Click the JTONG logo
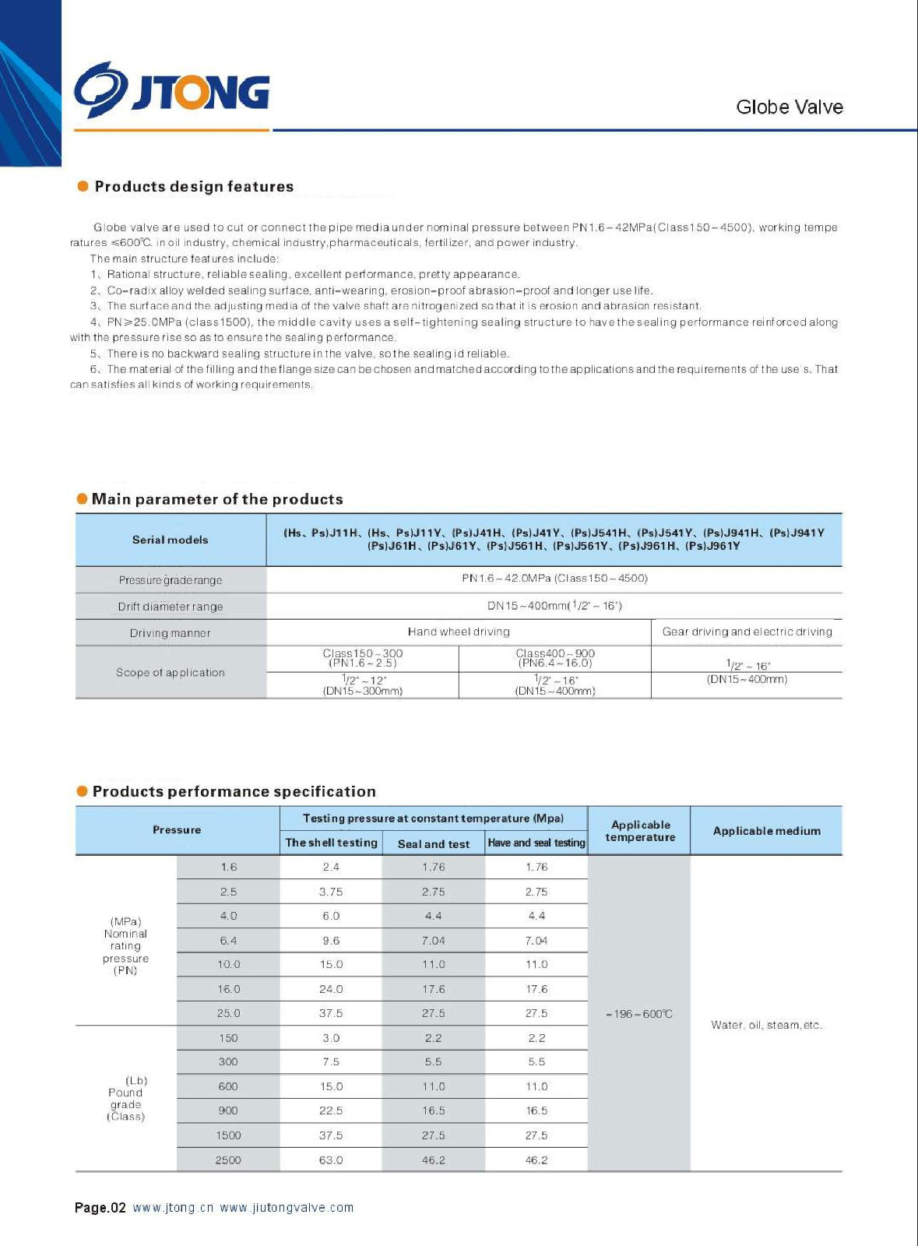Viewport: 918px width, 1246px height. (x=172, y=92)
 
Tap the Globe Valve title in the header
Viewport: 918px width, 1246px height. (x=789, y=107)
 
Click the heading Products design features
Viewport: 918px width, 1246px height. (x=194, y=187)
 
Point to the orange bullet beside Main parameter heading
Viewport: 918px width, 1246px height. (x=83, y=498)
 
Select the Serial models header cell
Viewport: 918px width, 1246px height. (x=171, y=540)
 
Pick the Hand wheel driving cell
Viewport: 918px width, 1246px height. (x=459, y=632)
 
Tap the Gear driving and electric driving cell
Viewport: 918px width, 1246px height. (x=747, y=632)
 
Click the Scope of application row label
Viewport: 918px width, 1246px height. (x=171, y=672)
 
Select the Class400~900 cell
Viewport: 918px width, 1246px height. (x=555, y=658)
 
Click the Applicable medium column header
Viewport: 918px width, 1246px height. (x=766, y=831)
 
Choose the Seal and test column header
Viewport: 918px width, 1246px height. (x=434, y=843)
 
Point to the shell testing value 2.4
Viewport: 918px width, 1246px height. (x=331, y=867)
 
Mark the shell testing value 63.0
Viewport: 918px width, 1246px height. (x=331, y=1160)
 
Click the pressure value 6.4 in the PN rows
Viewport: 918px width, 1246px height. (x=228, y=941)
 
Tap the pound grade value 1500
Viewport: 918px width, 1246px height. (x=228, y=1135)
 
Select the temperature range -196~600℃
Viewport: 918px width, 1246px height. (x=638, y=1014)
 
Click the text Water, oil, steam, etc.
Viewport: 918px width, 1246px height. (x=766, y=1025)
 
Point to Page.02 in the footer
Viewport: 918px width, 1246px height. (x=100, y=1208)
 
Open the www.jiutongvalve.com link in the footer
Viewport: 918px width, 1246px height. (x=287, y=1208)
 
